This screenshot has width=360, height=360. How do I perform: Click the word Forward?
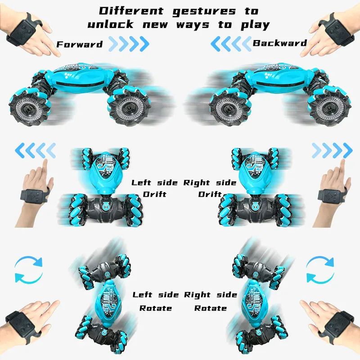[80, 44]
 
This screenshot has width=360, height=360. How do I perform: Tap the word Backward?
[279, 43]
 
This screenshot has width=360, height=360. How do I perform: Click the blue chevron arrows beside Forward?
[129, 44]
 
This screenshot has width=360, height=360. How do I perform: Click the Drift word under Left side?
[154, 194]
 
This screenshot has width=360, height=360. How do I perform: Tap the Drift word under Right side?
[210, 194]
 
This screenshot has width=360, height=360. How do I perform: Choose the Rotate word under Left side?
[155, 308]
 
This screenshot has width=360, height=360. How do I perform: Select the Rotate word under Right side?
[210, 308]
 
